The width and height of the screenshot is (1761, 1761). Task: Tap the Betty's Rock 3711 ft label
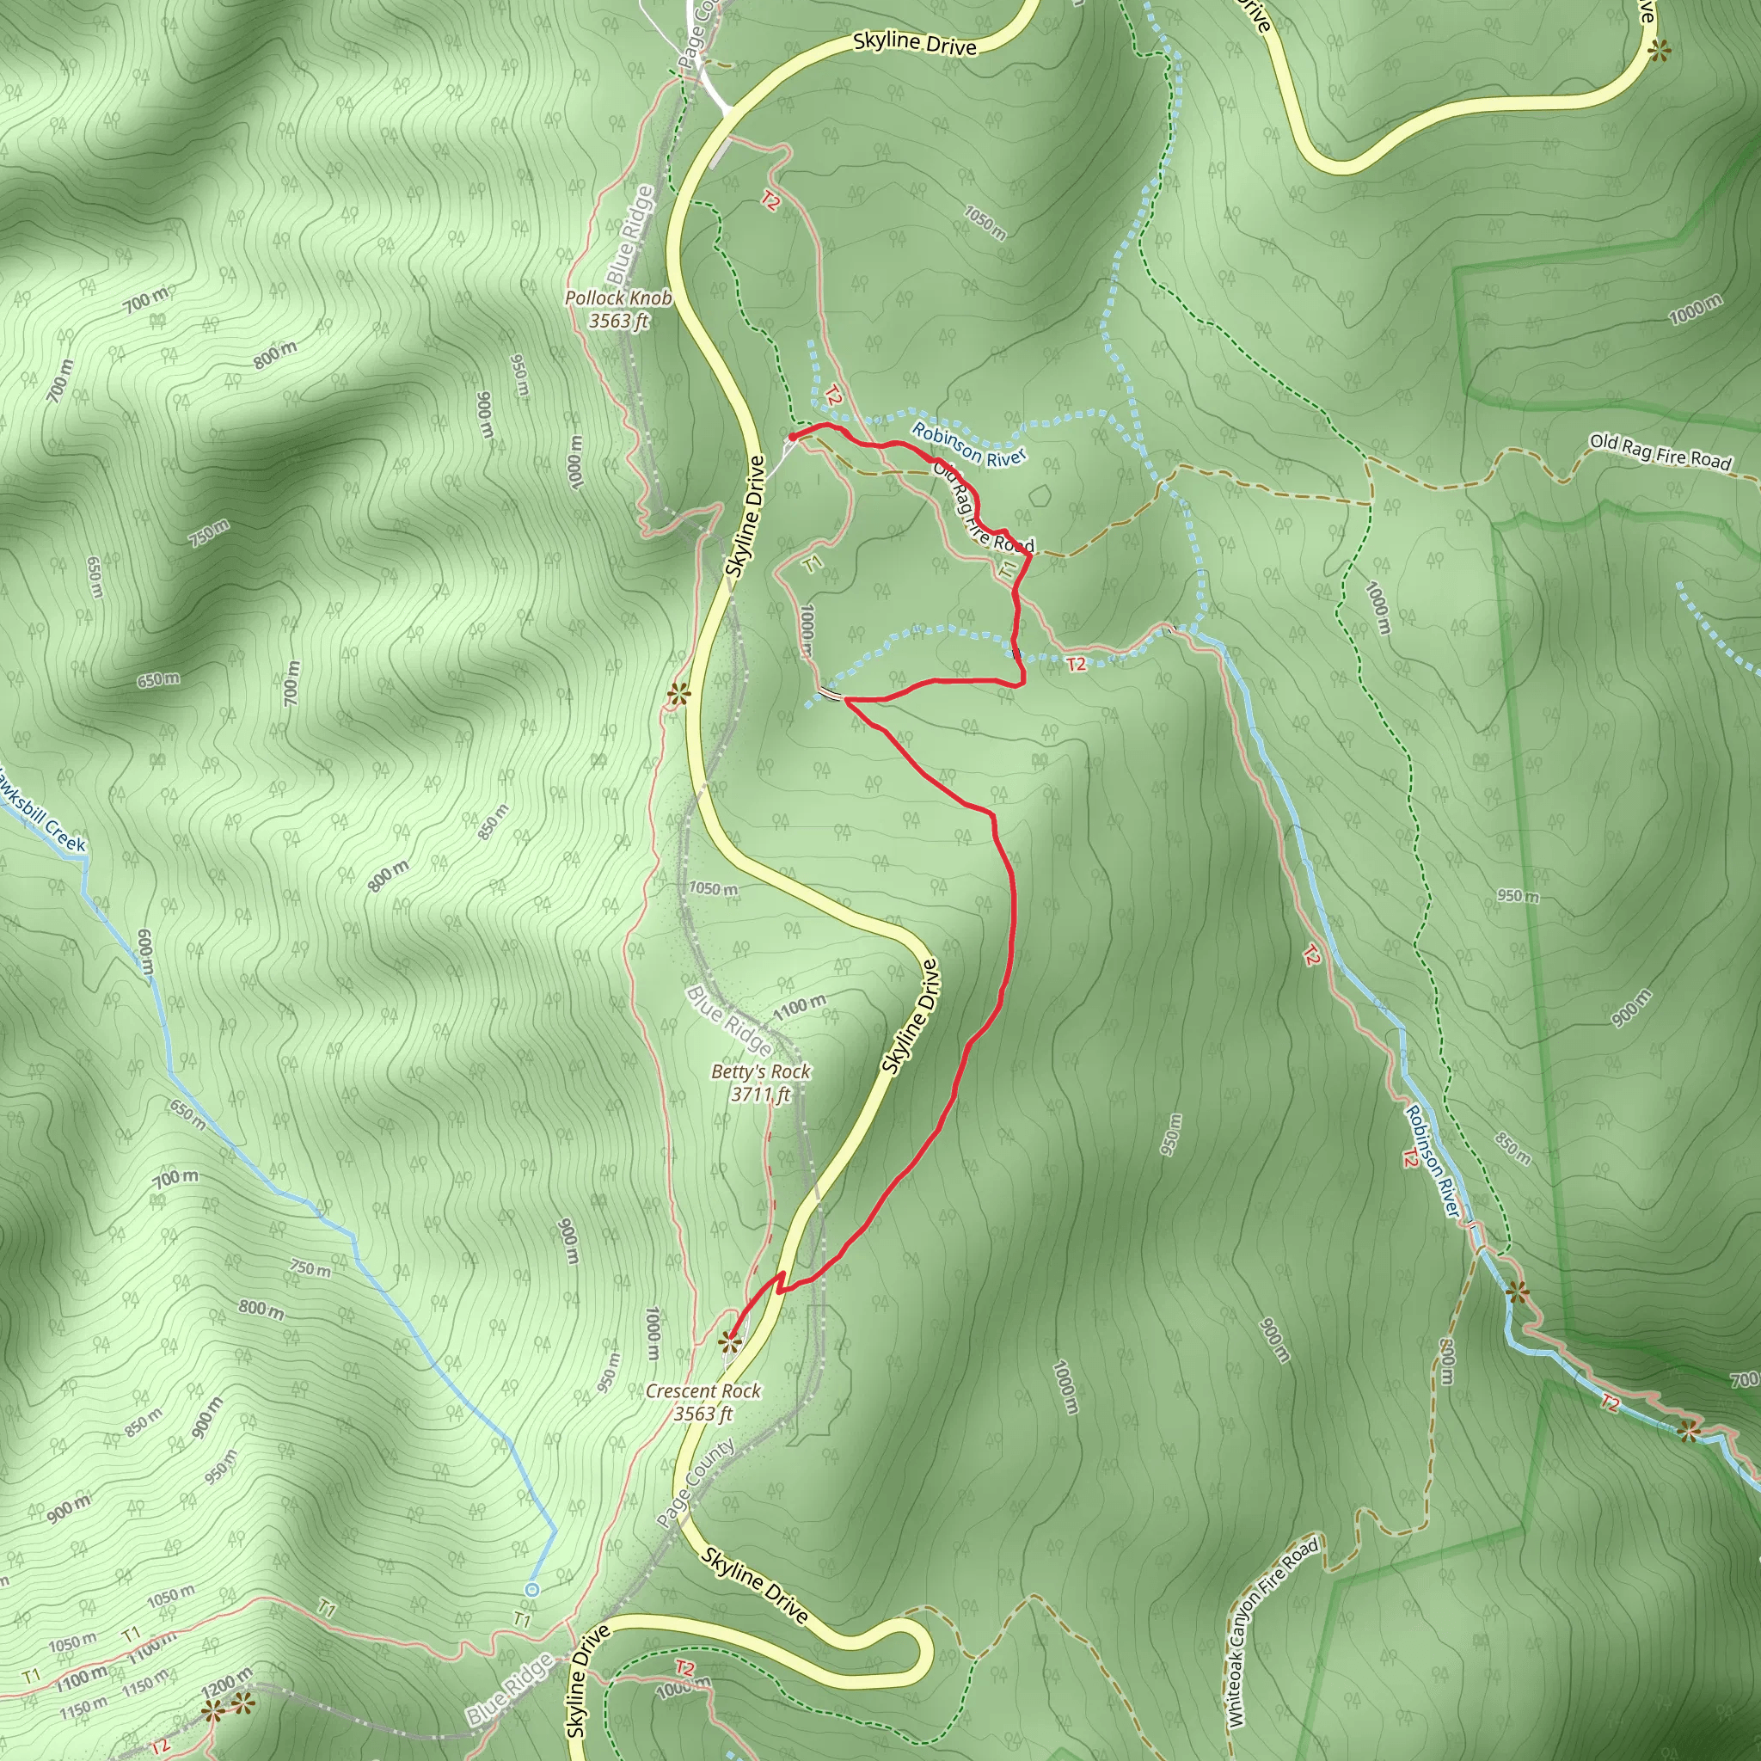pyautogui.click(x=760, y=1082)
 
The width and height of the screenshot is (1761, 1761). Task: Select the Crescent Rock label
pyautogui.click(x=703, y=1402)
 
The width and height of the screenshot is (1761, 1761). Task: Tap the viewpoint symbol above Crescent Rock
pyautogui.click(x=728, y=1341)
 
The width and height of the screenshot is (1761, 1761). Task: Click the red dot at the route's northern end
pyautogui.click(x=792, y=438)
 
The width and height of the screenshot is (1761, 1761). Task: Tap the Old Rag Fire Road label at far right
pyautogui.click(x=1660, y=452)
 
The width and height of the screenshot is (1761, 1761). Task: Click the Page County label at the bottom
pyautogui.click(x=696, y=1484)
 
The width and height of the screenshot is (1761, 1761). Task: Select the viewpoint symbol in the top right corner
pyautogui.click(x=1659, y=51)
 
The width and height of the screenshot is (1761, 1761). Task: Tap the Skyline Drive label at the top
pyautogui.click(x=914, y=44)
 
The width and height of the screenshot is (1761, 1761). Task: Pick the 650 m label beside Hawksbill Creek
pyautogui.click(x=187, y=1113)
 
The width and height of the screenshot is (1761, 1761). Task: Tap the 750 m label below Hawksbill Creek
pyautogui.click(x=310, y=1269)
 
